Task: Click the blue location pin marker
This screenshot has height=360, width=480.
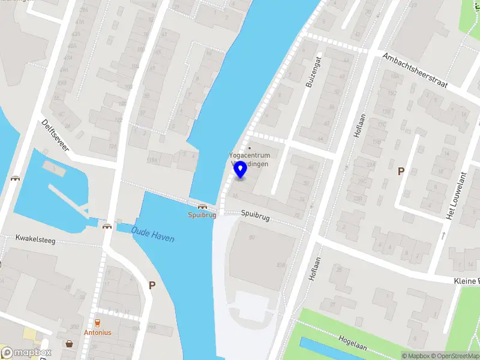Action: [x=240, y=170]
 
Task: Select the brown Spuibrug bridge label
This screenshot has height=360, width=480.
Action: [x=202, y=215]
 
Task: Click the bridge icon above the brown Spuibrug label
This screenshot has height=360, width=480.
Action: [x=202, y=206]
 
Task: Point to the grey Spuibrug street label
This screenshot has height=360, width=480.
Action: [x=256, y=213]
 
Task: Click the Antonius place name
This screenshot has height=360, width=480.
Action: [x=98, y=332]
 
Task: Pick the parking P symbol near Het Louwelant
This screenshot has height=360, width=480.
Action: [x=401, y=172]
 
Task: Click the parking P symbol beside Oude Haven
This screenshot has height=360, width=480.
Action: [x=152, y=286]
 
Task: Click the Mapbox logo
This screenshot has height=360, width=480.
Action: [x=26, y=353]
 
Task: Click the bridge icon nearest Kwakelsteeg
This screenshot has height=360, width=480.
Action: [x=107, y=226]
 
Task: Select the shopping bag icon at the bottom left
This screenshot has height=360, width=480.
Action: [x=70, y=344]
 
